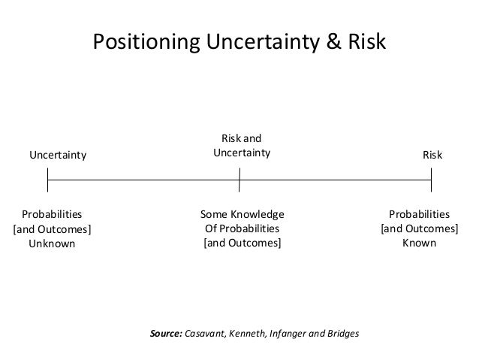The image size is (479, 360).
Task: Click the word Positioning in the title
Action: click(138, 43)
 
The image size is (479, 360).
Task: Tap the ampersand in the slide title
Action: click(333, 43)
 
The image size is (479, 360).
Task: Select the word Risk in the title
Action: click(366, 43)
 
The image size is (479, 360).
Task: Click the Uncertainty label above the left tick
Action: click(58, 156)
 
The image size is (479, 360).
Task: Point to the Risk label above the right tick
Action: click(432, 156)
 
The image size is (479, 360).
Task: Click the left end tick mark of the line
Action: click(48, 180)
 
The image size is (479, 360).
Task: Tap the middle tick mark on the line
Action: click(239, 180)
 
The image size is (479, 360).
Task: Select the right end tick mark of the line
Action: click(432, 180)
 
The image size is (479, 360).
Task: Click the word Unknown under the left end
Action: click(52, 244)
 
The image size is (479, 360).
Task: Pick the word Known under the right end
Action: click(420, 244)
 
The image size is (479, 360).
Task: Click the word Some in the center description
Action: click(215, 214)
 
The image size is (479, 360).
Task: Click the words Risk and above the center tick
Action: click(241, 138)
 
